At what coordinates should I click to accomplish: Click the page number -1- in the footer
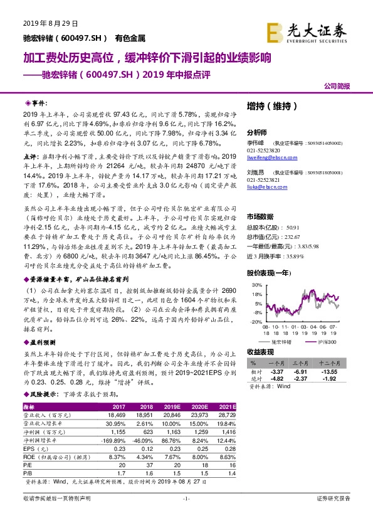(186, 498)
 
